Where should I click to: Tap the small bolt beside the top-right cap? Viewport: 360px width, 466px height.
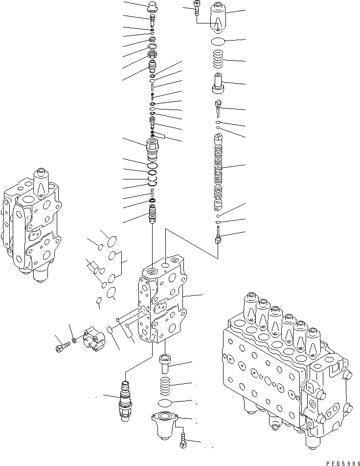[196, 7]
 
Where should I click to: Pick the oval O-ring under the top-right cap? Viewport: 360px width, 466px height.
[219, 42]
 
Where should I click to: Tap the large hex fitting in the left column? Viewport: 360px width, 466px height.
[153, 146]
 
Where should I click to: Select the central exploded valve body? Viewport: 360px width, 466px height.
[161, 303]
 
